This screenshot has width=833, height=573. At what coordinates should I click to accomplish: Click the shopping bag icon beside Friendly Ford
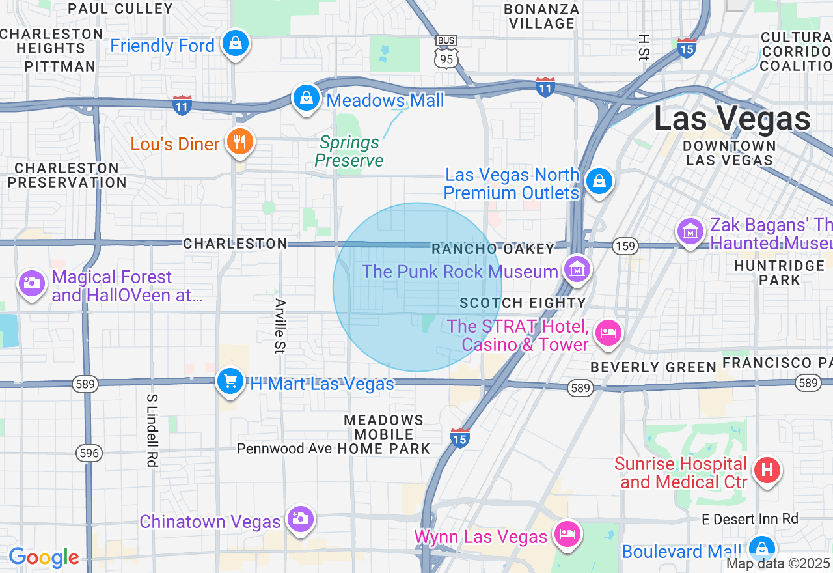pyautogui.click(x=235, y=44)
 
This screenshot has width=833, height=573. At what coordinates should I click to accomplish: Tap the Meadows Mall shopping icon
pyautogui.click(x=305, y=98)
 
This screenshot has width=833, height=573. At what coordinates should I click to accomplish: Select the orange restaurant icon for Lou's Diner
pyautogui.click(x=239, y=141)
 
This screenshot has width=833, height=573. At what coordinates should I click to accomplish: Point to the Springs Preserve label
pyautogui.click(x=349, y=151)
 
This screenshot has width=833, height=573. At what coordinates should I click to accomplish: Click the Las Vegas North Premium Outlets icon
pyautogui.click(x=599, y=182)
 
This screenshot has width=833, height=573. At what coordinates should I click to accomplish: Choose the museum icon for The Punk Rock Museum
pyautogui.click(x=577, y=269)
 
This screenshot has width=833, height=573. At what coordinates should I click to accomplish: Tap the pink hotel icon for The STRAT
pyautogui.click(x=608, y=333)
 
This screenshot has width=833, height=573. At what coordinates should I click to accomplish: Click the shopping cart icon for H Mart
pyautogui.click(x=230, y=381)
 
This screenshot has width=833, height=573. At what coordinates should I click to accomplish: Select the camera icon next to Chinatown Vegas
pyautogui.click(x=300, y=519)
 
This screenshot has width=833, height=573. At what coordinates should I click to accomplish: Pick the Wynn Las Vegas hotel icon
pyautogui.click(x=567, y=535)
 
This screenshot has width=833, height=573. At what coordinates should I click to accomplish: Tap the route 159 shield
pyautogui.click(x=625, y=246)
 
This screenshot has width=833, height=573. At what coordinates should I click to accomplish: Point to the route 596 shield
pyautogui.click(x=89, y=453)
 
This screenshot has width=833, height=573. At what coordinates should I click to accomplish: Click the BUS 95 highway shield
pyautogui.click(x=446, y=51)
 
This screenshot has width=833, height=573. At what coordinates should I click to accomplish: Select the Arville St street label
pyautogui.click(x=280, y=326)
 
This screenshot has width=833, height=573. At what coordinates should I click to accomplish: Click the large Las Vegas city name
pyautogui.click(x=732, y=119)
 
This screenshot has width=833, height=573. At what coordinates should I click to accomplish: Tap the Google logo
pyautogui.click(x=44, y=557)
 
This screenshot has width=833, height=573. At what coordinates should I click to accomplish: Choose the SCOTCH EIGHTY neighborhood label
pyautogui.click(x=523, y=303)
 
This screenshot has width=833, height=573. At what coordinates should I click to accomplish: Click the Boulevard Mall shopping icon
pyautogui.click(x=761, y=549)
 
